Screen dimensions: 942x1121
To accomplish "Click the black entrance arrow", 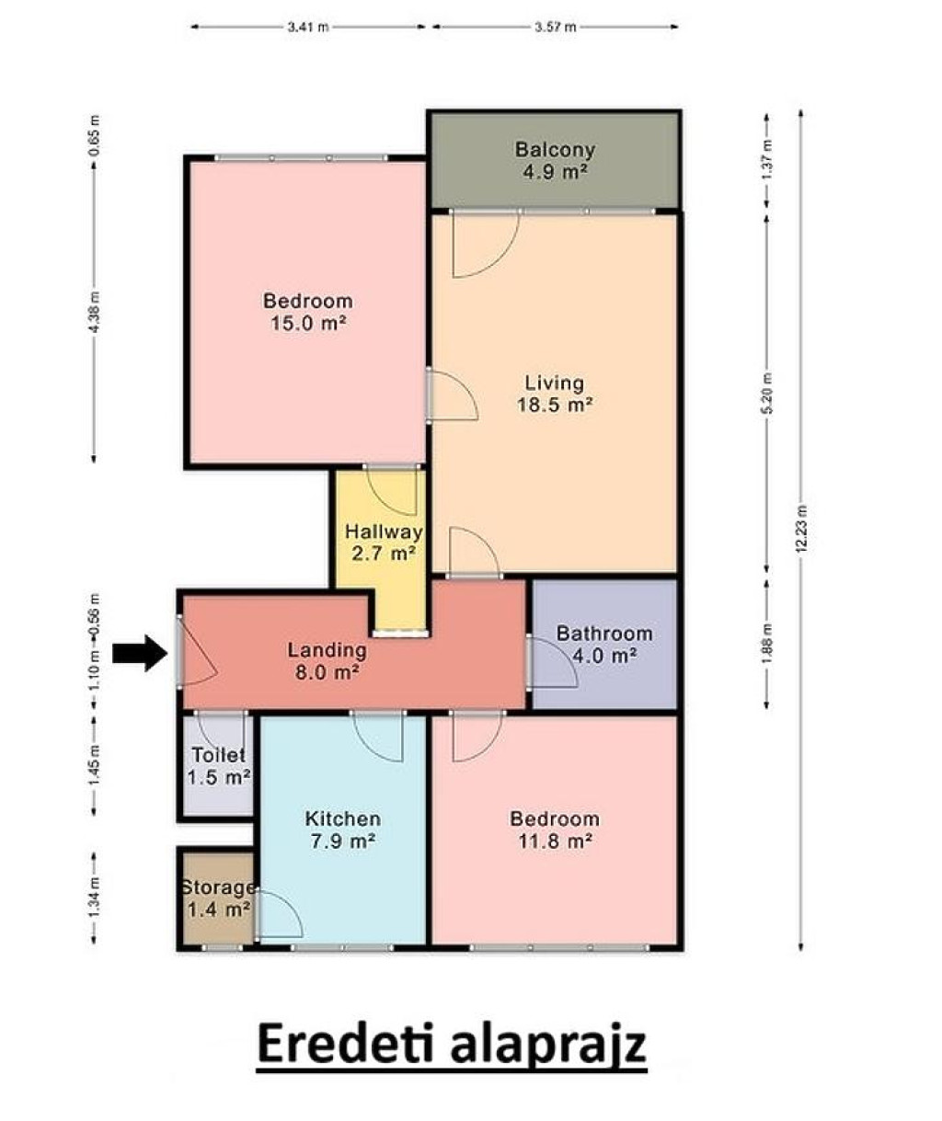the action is [x=140, y=653].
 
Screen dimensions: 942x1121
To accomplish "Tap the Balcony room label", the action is [x=555, y=150].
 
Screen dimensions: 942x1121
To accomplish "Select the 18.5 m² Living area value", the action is [x=555, y=405].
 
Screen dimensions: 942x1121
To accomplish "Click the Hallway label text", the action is [x=384, y=532].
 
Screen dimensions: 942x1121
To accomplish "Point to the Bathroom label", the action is [x=604, y=634].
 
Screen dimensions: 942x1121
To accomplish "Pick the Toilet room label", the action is [x=219, y=755].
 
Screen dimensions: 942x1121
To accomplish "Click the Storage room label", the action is [x=218, y=887].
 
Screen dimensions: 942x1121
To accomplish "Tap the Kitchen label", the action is [x=342, y=818].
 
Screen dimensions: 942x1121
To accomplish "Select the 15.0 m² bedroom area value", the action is [x=308, y=324].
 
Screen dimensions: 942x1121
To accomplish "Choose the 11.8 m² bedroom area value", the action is [x=555, y=841].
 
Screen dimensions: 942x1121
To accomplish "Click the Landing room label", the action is [x=327, y=650].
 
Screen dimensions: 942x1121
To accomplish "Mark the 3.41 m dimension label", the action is [x=308, y=27].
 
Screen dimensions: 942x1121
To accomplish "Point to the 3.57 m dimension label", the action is [x=556, y=27].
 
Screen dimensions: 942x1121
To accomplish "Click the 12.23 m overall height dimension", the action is [x=801, y=529].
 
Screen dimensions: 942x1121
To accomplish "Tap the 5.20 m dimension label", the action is [x=767, y=394].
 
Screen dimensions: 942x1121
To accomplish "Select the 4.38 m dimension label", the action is [x=94, y=312].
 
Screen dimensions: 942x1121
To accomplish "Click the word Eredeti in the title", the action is [x=345, y=1043].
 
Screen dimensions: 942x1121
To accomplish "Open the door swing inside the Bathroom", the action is [x=553, y=662].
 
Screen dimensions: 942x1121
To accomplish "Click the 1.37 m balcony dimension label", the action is [x=767, y=159].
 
